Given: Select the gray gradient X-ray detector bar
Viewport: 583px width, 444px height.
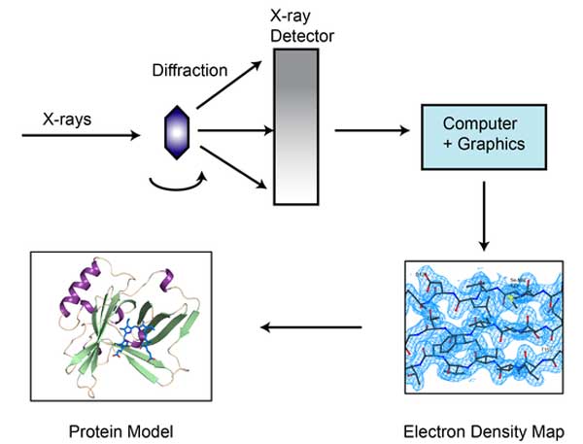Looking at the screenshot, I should tap(295, 126).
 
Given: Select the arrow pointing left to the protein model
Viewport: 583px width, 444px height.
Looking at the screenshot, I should tap(311, 325).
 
